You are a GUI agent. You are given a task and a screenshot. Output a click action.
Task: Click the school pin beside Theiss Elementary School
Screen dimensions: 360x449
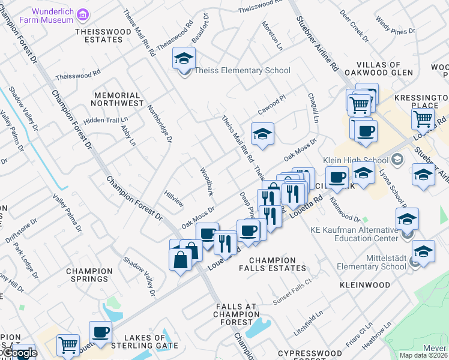click(184, 59)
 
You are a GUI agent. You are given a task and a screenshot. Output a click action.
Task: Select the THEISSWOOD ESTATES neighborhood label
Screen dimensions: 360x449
click(99, 35)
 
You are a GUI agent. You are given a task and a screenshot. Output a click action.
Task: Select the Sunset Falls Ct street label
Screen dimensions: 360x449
click(292, 290)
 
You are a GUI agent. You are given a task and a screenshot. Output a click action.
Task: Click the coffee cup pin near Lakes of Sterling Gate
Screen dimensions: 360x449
click(100, 332)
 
